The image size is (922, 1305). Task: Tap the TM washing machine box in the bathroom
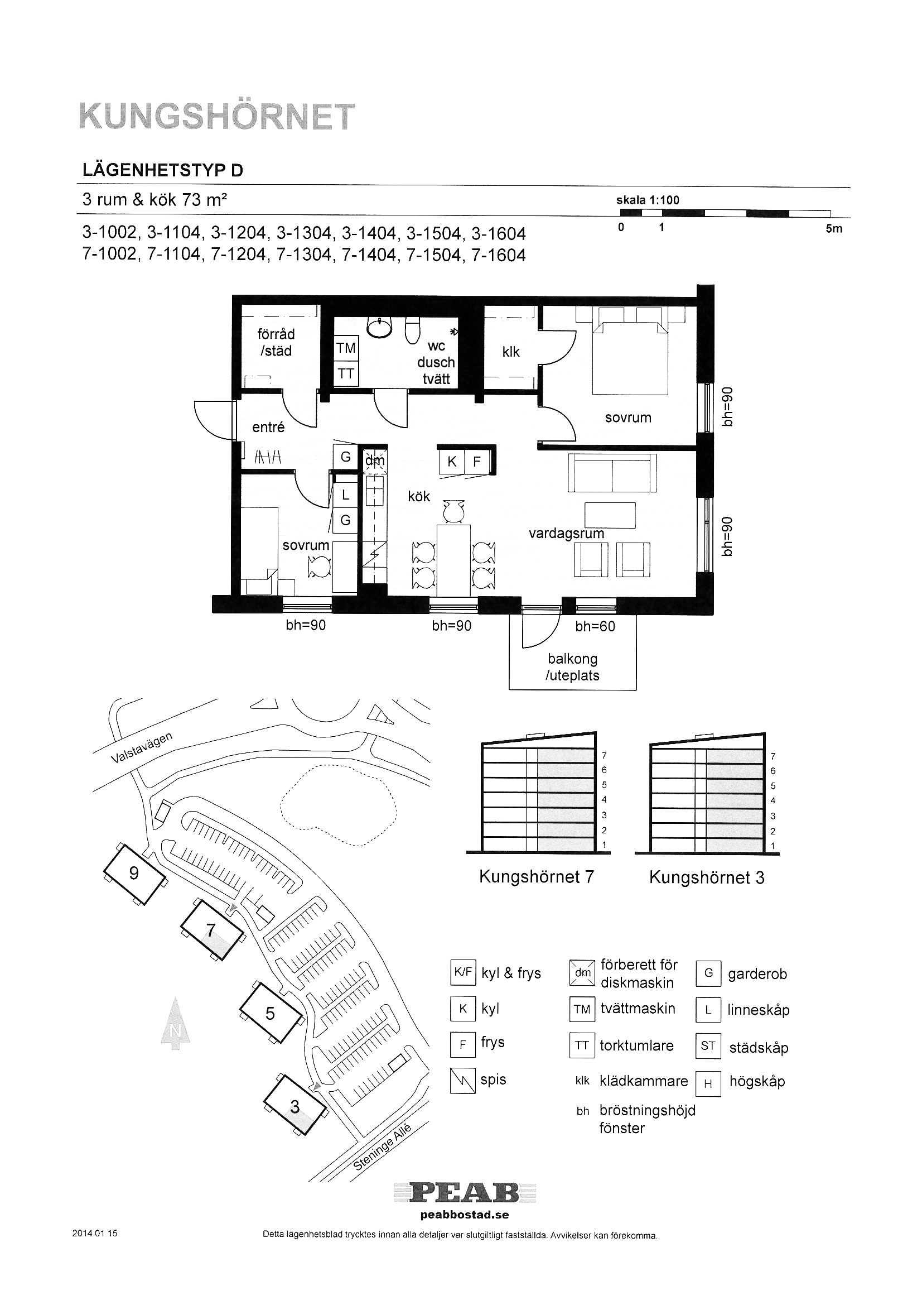[345, 348]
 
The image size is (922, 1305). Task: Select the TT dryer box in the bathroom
[345, 373]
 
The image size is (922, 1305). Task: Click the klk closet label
[511, 352]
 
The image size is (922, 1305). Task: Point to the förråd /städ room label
[276, 342]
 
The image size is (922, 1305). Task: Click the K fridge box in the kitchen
[452, 462]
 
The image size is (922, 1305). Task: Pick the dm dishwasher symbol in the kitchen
[374, 460]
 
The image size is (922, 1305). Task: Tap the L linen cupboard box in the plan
[345, 495]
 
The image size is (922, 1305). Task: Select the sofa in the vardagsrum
[612, 473]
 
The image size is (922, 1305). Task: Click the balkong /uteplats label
[573, 666]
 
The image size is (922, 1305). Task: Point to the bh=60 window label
[595, 626]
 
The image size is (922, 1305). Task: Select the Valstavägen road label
[142, 748]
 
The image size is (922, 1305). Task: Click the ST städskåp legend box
[708, 1046]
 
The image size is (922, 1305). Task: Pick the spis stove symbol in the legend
[462, 1081]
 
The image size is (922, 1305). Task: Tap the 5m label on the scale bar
[834, 229]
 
